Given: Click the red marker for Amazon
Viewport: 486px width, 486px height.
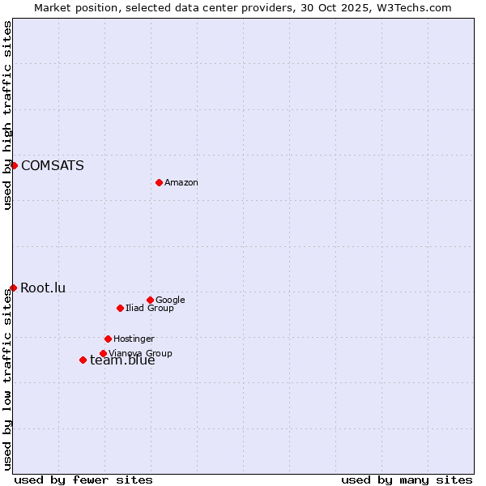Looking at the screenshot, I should click(159, 182).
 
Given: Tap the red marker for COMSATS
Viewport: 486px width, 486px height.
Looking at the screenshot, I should click(14, 165).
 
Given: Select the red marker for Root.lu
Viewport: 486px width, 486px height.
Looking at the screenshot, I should click(13, 288).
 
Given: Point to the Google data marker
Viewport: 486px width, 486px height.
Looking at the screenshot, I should click(150, 300).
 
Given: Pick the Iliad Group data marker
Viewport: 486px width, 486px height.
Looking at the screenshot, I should click(120, 308).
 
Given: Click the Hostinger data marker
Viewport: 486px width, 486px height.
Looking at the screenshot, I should click(108, 339).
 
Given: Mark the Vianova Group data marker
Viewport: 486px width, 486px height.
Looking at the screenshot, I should click(103, 353).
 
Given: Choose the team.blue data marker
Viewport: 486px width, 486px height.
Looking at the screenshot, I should click(83, 360).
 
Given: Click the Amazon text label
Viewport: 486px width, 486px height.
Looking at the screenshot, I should click(181, 183).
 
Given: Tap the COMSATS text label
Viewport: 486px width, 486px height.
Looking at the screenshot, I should click(52, 166).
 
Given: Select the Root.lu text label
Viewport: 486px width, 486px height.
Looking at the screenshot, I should click(43, 288).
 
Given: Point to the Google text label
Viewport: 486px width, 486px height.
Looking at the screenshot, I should click(170, 301).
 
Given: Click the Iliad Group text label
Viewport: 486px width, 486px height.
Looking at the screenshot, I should click(150, 309).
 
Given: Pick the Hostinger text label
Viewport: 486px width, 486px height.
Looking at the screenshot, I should click(134, 339).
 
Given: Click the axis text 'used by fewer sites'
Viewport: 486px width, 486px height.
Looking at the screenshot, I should click(83, 480).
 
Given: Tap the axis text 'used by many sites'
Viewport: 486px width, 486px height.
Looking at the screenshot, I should click(407, 480).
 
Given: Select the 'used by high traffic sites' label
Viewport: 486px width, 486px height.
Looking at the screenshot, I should click(8, 115).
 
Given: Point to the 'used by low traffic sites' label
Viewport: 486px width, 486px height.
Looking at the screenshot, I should click(8, 379).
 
